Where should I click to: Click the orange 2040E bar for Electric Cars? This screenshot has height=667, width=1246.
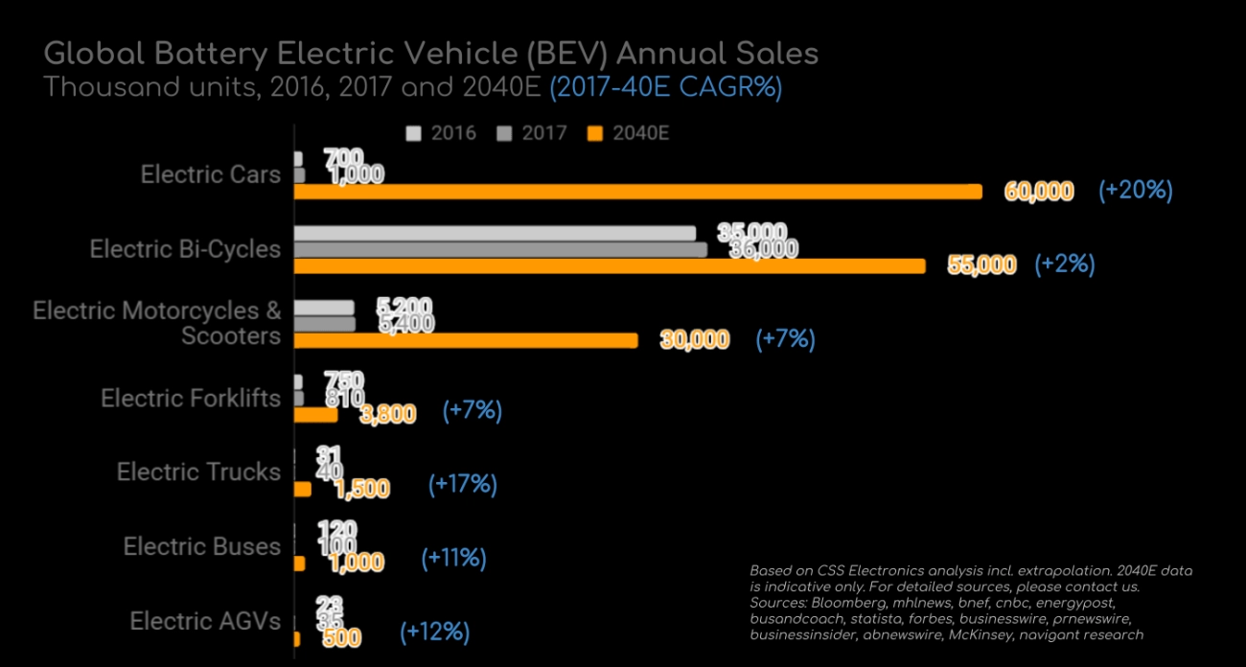pos(637,192)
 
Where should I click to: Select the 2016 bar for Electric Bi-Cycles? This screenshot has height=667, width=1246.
pos(495,233)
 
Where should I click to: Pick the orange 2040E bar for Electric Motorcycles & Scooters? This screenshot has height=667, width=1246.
pos(465,340)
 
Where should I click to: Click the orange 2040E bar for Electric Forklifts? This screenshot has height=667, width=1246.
pos(315,415)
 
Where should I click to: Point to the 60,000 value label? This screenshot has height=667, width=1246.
pos(1039,192)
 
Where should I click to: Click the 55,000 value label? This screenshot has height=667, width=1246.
pos(981,265)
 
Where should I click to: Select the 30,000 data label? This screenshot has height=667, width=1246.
pos(695,340)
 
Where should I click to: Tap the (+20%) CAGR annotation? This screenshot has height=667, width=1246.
pos(1136,190)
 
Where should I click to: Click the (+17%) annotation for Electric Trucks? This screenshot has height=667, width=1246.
pos(463,484)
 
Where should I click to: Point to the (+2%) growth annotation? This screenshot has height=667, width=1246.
pos(1064,264)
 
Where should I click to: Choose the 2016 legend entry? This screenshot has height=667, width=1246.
pos(442,133)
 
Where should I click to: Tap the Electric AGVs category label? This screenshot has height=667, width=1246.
pos(205,621)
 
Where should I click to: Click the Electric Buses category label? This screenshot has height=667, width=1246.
pos(202,546)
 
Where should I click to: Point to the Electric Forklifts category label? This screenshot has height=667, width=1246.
pos(191,398)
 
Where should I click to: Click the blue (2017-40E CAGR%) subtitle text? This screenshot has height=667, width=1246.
pos(666,87)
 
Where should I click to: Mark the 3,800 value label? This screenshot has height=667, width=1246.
pos(388,414)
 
